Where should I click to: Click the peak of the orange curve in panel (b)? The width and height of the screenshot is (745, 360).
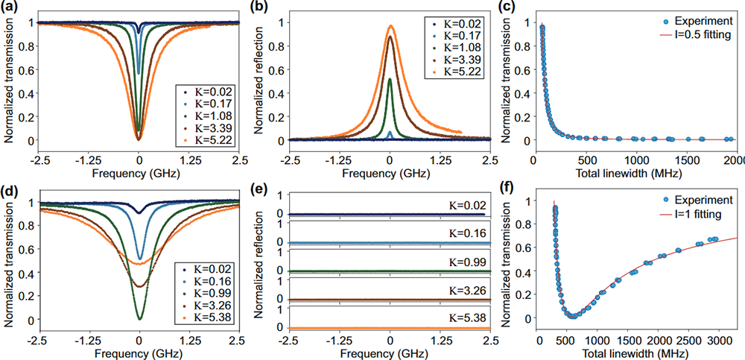tap(390, 25)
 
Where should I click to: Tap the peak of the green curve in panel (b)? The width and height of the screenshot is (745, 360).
tap(390, 79)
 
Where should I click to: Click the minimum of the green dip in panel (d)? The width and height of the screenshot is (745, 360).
tap(139, 319)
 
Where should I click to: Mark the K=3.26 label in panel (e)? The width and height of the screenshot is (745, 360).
tap(466, 288)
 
